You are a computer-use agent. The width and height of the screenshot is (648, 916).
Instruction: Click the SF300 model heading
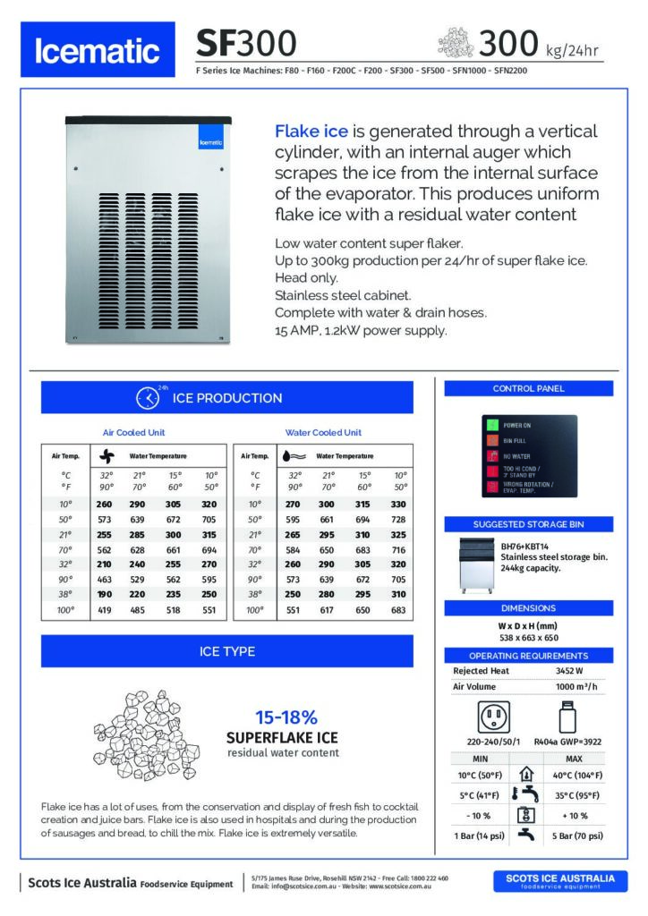(x=246, y=43)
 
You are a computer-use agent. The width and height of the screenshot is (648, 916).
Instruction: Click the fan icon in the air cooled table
(x=105, y=455)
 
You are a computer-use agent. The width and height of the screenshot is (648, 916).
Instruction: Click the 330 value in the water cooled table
(x=399, y=505)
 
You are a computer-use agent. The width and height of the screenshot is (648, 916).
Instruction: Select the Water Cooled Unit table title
(x=323, y=432)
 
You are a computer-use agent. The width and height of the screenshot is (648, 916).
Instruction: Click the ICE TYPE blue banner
(x=226, y=651)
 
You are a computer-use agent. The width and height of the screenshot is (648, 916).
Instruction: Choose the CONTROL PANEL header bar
(x=528, y=388)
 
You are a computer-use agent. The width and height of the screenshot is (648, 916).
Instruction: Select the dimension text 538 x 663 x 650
(x=527, y=638)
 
